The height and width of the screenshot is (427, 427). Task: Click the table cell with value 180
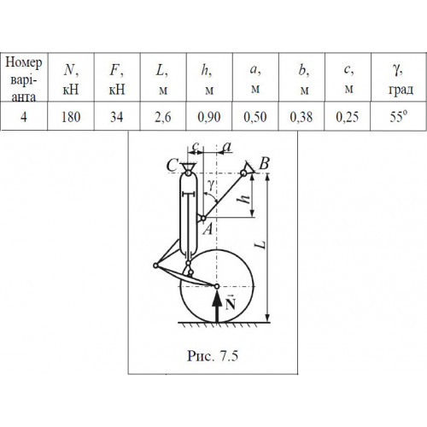(71, 116)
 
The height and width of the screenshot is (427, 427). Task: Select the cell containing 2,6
(163, 116)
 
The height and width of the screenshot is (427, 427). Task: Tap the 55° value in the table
(399, 116)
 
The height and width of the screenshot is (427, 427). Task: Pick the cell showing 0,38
(301, 116)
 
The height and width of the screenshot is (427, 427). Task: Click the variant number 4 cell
(24, 116)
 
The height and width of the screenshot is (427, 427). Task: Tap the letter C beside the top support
(173, 166)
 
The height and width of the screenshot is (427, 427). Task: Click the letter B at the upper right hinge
(265, 164)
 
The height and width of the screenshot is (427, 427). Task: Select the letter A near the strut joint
(208, 229)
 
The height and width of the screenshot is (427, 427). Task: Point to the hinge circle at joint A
(203, 219)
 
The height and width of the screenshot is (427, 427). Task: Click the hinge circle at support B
(243, 173)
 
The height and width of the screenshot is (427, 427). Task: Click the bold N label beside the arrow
(231, 303)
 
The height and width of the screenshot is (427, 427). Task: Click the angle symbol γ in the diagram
(211, 185)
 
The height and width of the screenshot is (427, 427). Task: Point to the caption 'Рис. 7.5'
(213, 355)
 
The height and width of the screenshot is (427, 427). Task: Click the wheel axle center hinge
(217, 286)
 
